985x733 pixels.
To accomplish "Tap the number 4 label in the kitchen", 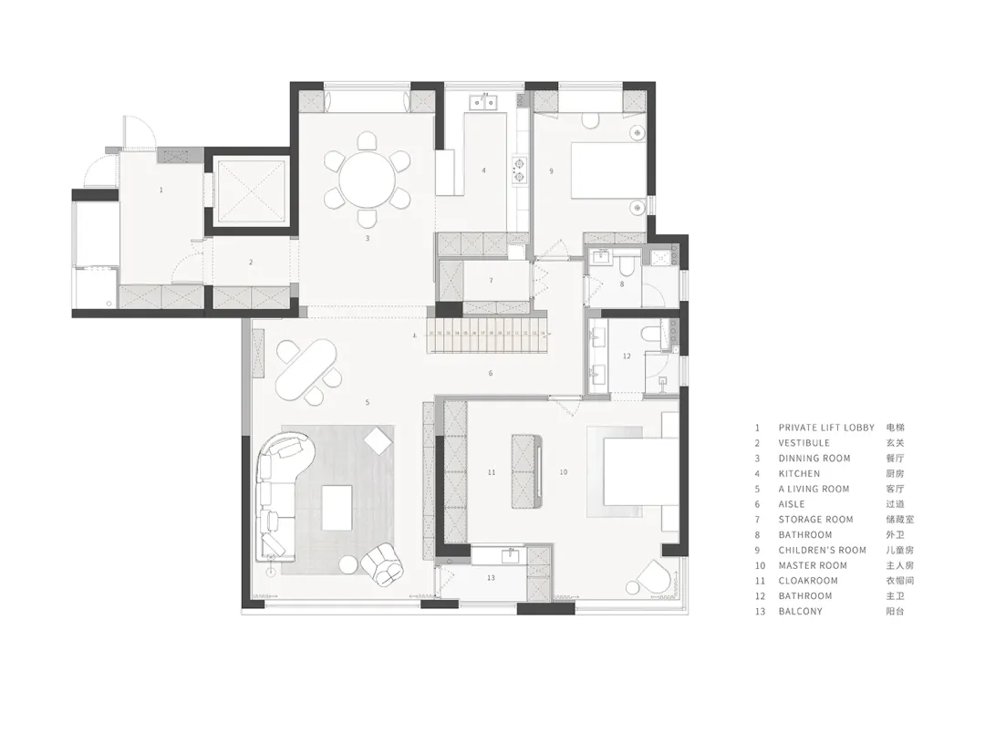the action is (x=483, y=170).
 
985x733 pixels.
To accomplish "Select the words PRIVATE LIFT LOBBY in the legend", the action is (x=826, y=428).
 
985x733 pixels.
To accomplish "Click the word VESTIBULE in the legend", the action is (x=804, y=443).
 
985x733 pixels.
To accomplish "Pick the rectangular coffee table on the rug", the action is (x=337, y=508).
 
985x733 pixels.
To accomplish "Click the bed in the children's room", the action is (x=608, y=170).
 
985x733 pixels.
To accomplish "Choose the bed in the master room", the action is (x=641, y=471).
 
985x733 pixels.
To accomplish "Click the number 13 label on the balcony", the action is (x=492, y=578).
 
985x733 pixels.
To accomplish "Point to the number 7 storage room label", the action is (x=492, y=281).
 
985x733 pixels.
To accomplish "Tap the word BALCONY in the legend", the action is (x=801, y=611).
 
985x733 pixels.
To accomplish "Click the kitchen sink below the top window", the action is (x=483, y=101).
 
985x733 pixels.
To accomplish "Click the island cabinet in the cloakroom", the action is (x=527, y=471).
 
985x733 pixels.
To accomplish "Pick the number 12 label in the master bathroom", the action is (x=627, y=356).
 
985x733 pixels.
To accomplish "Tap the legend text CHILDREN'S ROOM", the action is (x=823, y=551).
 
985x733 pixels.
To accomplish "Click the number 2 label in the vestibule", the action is (x=251, y=263).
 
